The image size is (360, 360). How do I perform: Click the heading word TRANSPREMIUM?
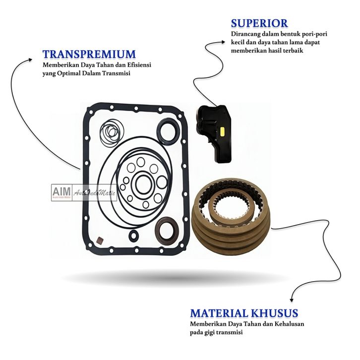89,54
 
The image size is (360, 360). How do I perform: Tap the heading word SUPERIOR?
259,23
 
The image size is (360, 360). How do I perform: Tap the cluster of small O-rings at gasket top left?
108,133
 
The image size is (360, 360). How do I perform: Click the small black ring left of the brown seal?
134,235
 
